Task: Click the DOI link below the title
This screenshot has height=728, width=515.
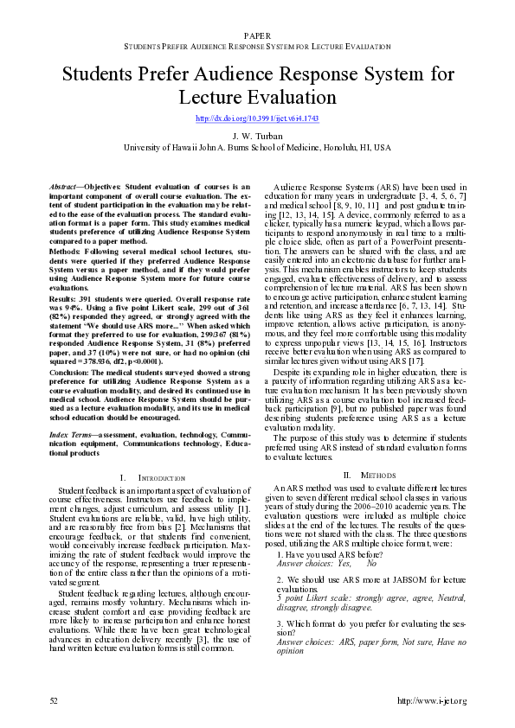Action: point(257,118)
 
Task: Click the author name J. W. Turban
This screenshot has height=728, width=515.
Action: point(257,137)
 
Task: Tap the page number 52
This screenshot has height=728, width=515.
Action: point(54,699)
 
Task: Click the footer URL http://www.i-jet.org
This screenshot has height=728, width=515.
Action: point(431,699)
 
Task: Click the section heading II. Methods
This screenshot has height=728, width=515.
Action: point(362,475)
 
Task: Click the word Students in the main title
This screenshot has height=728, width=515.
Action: point(102,73)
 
